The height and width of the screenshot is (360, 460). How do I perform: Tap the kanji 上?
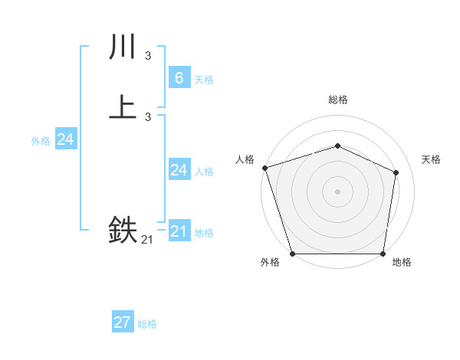click(123, 106)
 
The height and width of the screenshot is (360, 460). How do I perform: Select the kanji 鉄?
click(123, 230)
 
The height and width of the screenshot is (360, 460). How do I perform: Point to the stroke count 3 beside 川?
click(148, 55)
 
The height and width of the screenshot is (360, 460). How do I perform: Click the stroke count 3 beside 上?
click(148, 116)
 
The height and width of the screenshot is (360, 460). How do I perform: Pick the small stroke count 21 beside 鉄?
click(147, 240)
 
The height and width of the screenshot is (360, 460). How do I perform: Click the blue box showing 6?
click(179, 77)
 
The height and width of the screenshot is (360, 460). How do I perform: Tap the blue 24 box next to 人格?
click(179, 170)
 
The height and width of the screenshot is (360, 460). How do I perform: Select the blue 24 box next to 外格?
click(66, 139)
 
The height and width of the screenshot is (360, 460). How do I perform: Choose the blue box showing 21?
click(179, 231)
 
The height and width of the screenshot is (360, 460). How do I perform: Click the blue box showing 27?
click(123, 322)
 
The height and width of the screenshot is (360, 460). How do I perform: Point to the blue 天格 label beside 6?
click(204, 80)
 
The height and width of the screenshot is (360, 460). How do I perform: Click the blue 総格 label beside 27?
click(147, 325)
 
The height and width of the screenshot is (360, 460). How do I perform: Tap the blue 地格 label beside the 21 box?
click(204, 234)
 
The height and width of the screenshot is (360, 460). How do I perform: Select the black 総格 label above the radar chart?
click(337, 100)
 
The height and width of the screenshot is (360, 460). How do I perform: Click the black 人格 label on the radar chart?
click(245, 159)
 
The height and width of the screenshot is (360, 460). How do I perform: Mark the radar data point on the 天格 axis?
click(396, 172)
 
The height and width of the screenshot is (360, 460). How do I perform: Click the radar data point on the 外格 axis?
click(292, 254)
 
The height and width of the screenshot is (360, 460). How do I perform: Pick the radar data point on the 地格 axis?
click(383, 254)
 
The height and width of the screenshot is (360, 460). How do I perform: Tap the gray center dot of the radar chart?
click(337, 191)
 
